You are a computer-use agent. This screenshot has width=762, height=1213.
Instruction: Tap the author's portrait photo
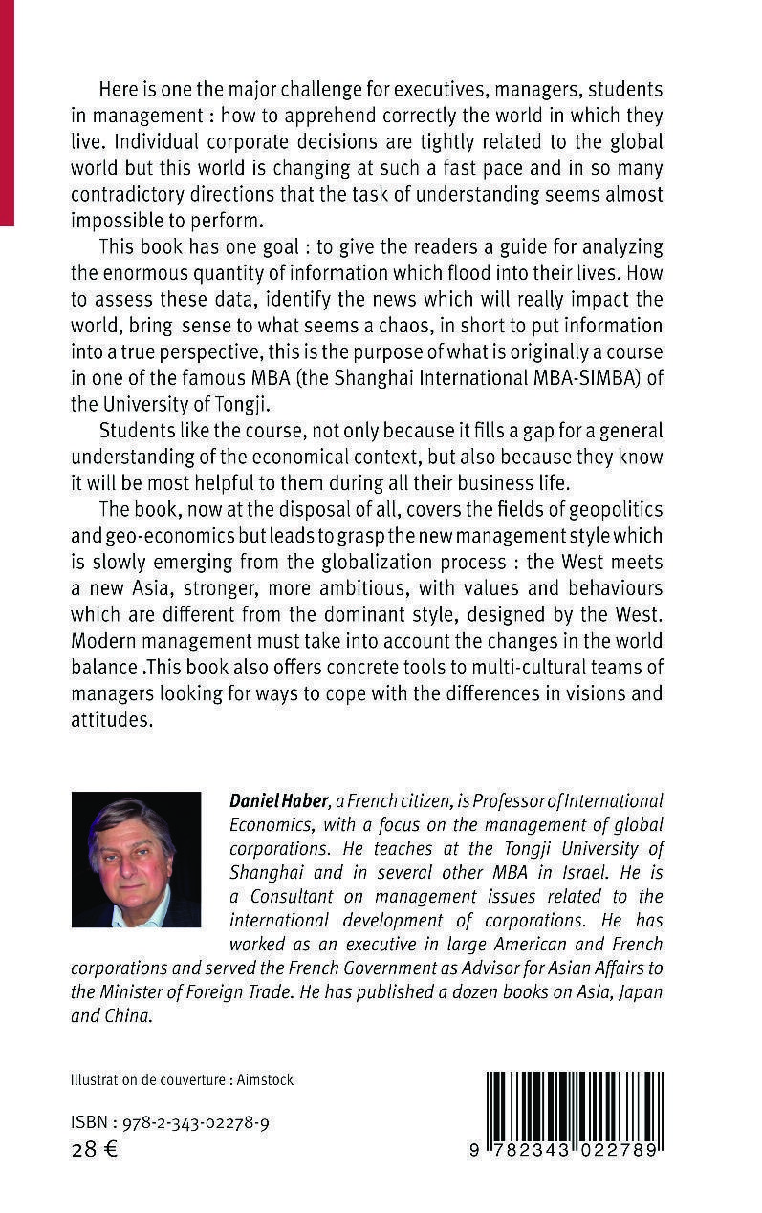pyautogui.click(x=136, y=859)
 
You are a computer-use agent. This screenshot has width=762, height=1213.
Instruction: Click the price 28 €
pyautogui.click(x=94, y=1149)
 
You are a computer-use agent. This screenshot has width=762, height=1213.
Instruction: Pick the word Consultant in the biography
pyautogui.click(x=292, y=897)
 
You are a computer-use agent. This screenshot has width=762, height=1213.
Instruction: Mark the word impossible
pyautogui.click(x=119, y=220)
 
